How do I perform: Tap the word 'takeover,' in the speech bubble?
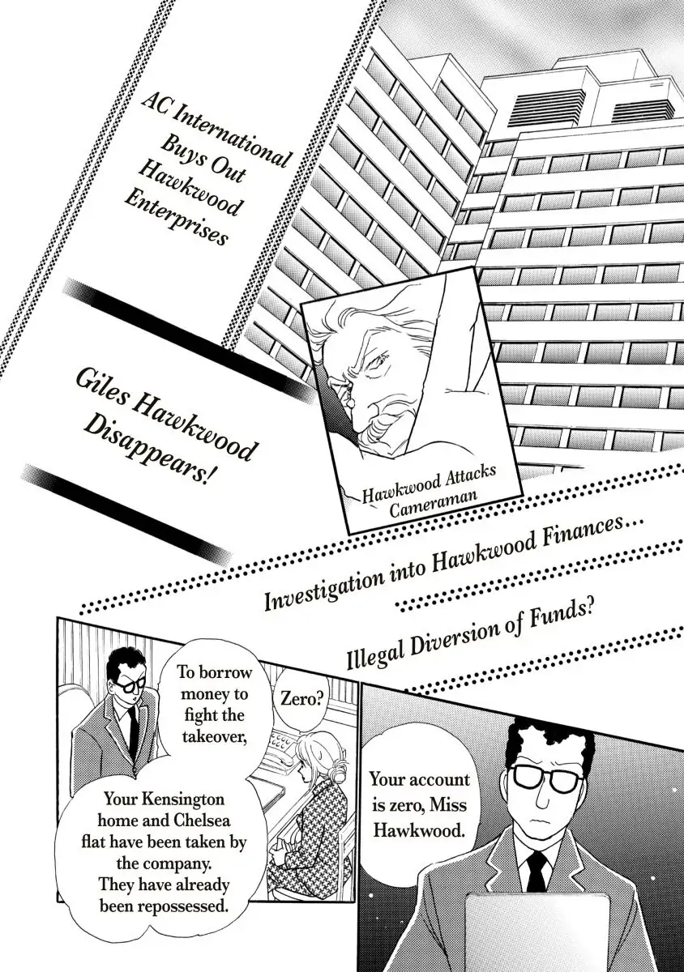point(215,736)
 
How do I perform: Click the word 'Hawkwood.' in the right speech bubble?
point(417,830)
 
